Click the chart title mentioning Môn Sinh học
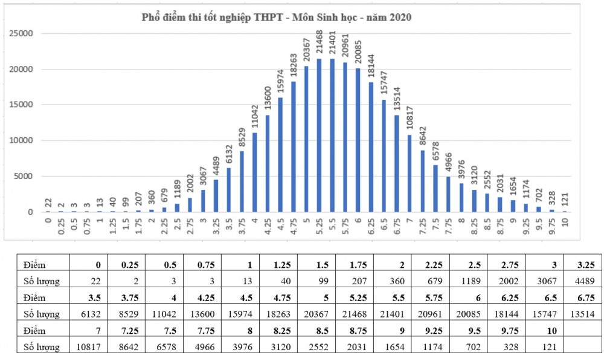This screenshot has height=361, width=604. [x=276, y=18]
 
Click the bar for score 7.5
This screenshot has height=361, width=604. [x=435, y=189]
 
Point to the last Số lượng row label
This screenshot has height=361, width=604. [x=41, y=348]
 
